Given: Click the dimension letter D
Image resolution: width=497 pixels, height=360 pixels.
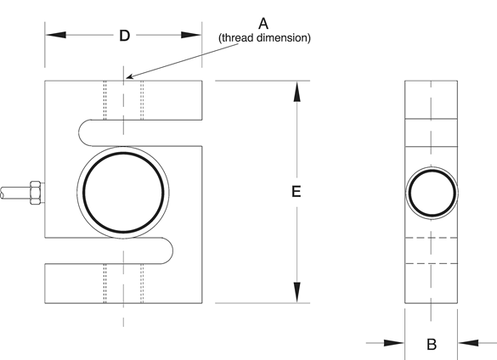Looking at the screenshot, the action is coord(125,36).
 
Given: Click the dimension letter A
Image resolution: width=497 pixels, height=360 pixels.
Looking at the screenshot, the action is coord(263,24).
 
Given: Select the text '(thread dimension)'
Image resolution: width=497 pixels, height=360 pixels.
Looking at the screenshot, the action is coord(264,37).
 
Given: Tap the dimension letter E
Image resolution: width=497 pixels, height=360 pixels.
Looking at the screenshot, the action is coord(296,192).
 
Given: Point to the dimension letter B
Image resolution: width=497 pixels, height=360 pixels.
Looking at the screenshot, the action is coord(432,344).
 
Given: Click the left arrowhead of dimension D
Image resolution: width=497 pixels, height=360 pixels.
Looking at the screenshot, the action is coord(56,35).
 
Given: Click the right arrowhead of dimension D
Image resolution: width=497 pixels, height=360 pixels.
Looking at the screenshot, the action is coord(191,35).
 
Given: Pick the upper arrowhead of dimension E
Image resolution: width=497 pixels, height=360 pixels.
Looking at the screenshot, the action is coord(297,92).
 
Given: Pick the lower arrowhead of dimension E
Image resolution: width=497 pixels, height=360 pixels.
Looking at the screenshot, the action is coord(297,292).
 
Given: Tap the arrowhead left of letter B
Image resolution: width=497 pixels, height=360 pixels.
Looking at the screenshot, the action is coord(394,343).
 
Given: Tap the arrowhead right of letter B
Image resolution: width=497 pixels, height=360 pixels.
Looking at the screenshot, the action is coord(468,343).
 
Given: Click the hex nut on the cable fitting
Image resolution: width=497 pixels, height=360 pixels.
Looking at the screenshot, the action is coord(35,193).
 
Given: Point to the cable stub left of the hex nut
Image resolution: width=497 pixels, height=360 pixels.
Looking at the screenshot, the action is coord(15,193).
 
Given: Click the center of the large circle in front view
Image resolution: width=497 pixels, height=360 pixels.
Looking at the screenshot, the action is coord(123,193).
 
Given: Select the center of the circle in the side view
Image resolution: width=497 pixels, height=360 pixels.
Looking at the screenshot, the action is coord(432,193).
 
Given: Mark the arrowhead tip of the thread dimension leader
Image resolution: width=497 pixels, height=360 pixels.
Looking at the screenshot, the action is coord(127,77).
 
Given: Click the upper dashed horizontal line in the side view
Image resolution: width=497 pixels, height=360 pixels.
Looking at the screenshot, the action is coord(431,238).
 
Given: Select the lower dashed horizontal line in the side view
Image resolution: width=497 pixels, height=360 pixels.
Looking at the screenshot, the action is coord(431,263).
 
